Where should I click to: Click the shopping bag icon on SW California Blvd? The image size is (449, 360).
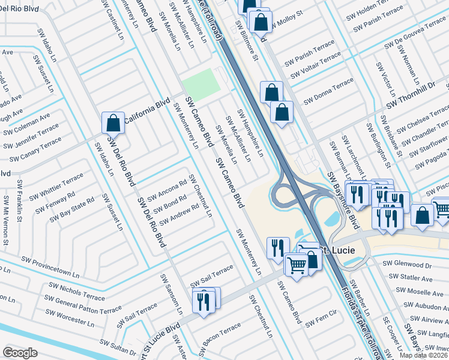113,123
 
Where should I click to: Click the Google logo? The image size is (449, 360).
20,353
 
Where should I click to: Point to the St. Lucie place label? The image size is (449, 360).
336,250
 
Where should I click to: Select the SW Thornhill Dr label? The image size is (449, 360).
411,96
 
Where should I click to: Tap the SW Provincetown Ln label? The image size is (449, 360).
50,266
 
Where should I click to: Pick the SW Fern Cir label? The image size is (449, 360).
322,319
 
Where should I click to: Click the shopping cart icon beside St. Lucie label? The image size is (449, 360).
297,265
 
